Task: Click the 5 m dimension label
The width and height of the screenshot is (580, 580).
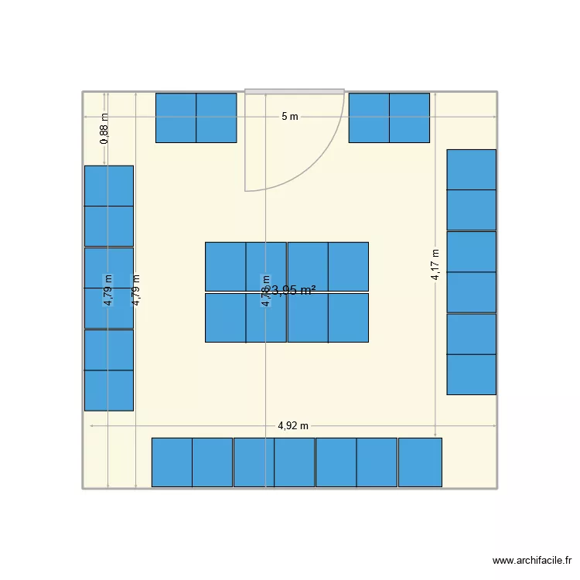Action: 289,117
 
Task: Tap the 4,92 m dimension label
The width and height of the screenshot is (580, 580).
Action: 293,425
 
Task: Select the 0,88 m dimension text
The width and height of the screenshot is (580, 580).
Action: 104,128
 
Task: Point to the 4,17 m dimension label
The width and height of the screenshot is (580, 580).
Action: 436,264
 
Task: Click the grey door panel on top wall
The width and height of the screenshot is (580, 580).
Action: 295,91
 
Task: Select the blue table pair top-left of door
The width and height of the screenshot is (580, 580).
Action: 196,118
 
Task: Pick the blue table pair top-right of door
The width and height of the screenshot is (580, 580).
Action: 389,118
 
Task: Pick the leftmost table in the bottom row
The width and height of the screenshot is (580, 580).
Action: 172,462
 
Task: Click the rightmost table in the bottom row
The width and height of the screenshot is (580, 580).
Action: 420,462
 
